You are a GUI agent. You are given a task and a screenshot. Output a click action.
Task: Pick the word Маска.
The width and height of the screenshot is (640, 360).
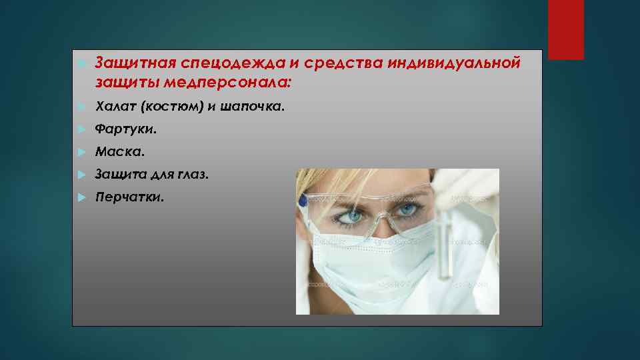point(119,152)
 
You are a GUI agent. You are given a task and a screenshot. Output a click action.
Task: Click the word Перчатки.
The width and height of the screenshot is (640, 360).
point(129,197)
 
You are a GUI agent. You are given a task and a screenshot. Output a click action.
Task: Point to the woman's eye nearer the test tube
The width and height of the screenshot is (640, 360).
point(406,209)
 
